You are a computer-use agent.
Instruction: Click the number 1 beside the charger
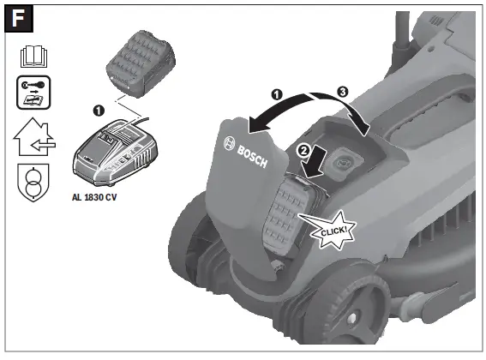(x=98, y=111)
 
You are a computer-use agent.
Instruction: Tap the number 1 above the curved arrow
(x=277, y=93)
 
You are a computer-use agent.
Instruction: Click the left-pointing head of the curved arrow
(x=250, y=127)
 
